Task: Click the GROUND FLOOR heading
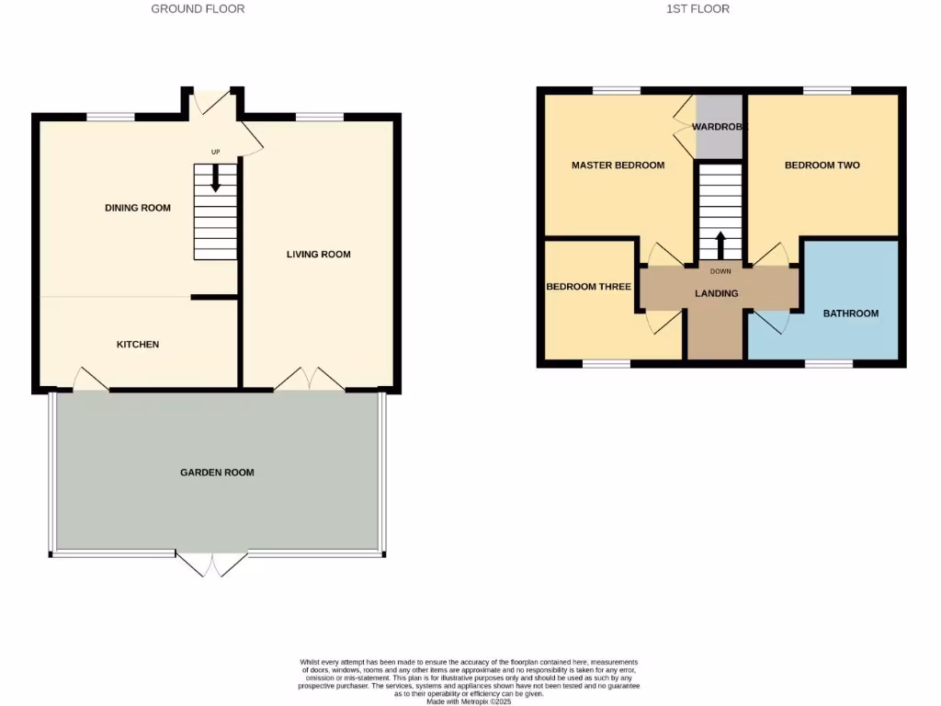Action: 198,9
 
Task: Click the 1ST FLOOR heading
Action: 697,9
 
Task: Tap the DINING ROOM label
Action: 138,208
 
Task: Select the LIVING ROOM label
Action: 318,255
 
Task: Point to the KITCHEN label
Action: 138,345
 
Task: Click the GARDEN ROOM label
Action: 217,473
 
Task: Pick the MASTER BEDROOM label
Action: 618,165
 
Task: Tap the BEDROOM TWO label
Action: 822,165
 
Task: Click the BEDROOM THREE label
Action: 588,287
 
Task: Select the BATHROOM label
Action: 850,313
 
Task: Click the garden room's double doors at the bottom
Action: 211,564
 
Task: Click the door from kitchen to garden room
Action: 90,380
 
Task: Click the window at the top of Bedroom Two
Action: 826,90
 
